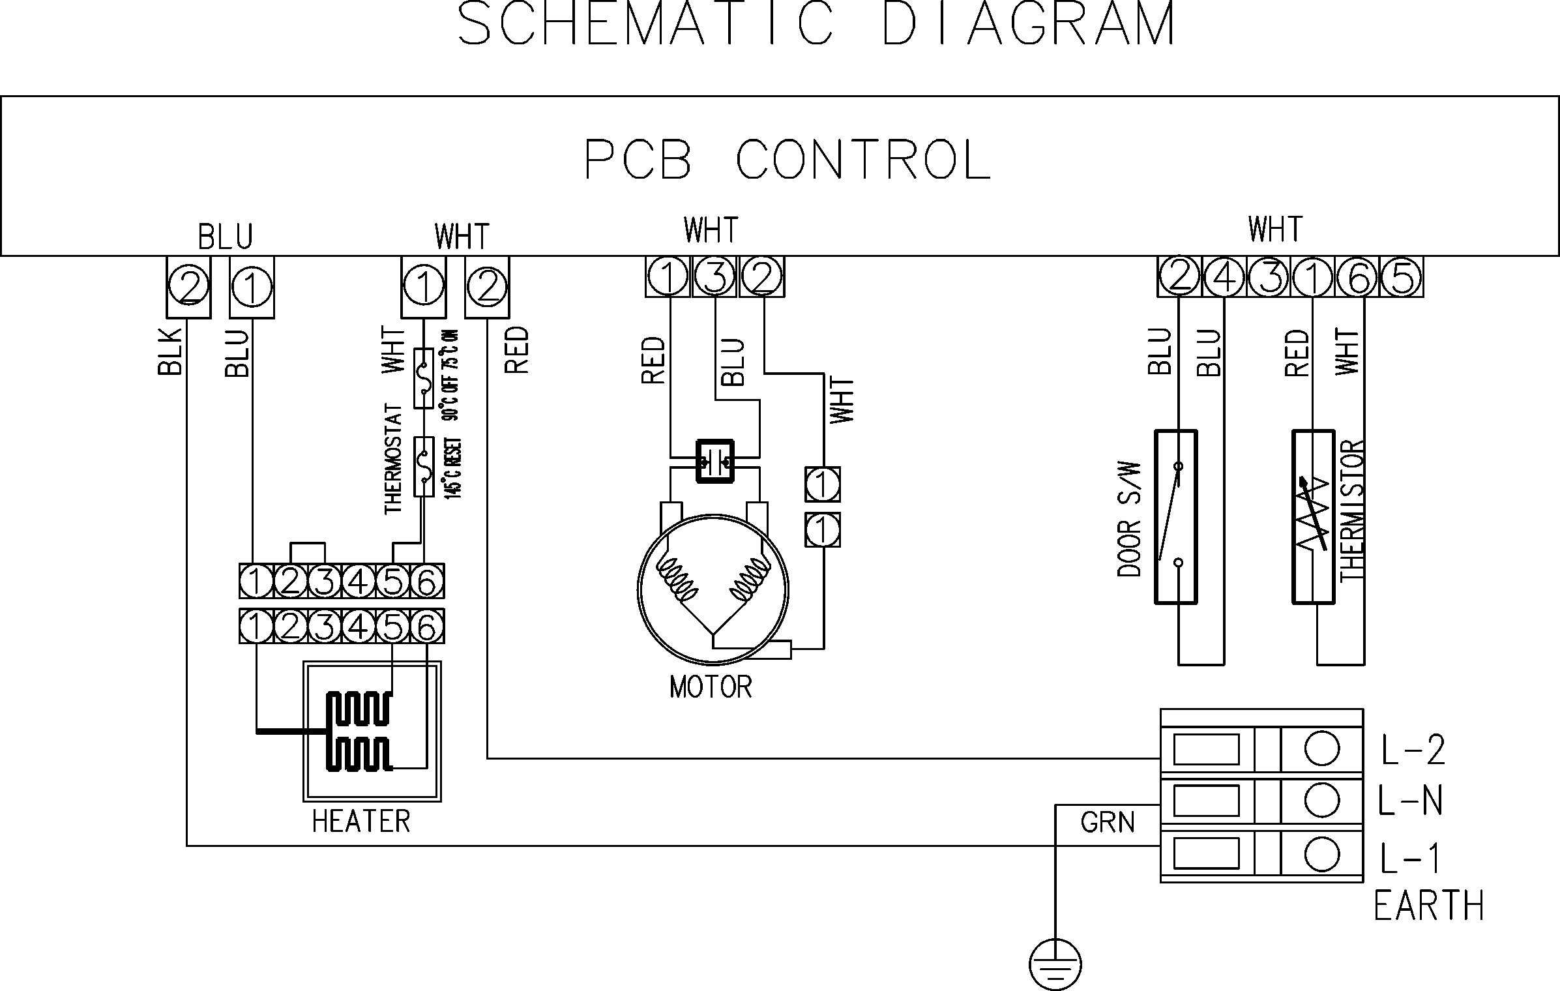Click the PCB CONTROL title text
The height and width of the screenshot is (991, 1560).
point(787,160)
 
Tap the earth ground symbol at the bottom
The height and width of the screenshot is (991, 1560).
point(1055,964)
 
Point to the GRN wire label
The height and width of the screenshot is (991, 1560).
point(1107,822)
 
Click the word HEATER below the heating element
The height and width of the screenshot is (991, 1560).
point(361,821)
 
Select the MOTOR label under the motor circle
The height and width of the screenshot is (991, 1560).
point(711,687)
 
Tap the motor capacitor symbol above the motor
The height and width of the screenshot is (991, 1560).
point(715,461)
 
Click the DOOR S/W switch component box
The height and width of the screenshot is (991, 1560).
point(1176,516)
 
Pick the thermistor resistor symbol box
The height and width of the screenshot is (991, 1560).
point(1314,516)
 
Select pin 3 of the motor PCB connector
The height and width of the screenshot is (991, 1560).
point(715,277)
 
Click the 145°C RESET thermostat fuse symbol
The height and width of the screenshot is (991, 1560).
point(424,466)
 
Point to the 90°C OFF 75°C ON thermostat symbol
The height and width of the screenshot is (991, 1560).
point(424,378)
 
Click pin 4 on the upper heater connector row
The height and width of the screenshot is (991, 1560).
point(357,581)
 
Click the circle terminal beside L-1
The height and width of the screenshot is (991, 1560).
point(1322,854)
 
